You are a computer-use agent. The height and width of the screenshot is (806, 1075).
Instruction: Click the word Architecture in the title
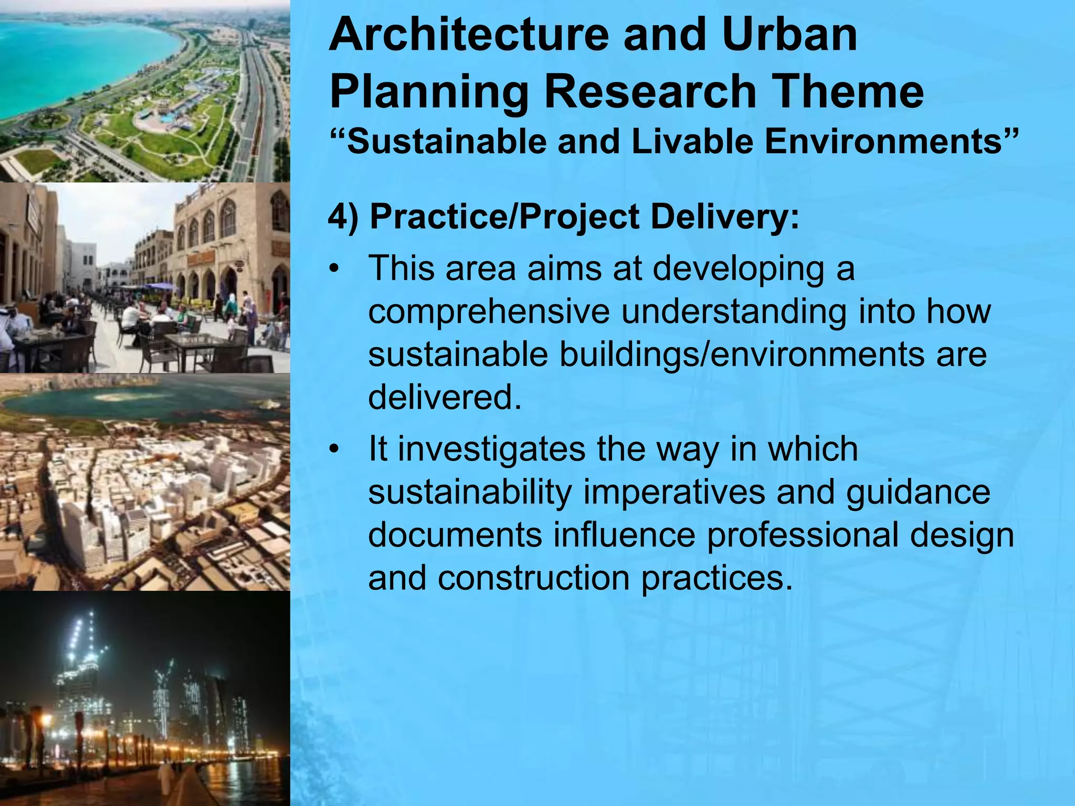[469, 35]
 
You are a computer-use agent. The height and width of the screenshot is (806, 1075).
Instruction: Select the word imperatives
[674, 493]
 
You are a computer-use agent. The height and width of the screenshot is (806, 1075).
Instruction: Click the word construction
[533, 578]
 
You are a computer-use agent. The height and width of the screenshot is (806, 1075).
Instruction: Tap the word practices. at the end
[716, 578]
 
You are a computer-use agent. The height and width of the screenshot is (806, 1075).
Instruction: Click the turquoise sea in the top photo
[68, 58]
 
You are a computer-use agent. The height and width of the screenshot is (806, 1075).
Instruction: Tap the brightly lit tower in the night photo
[84, 661]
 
